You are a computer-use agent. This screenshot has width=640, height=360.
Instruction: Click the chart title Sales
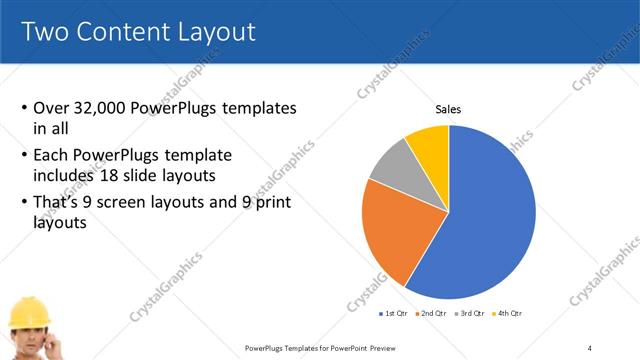(449, 109)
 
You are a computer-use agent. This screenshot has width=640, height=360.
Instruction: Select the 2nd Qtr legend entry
(433, 314)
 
